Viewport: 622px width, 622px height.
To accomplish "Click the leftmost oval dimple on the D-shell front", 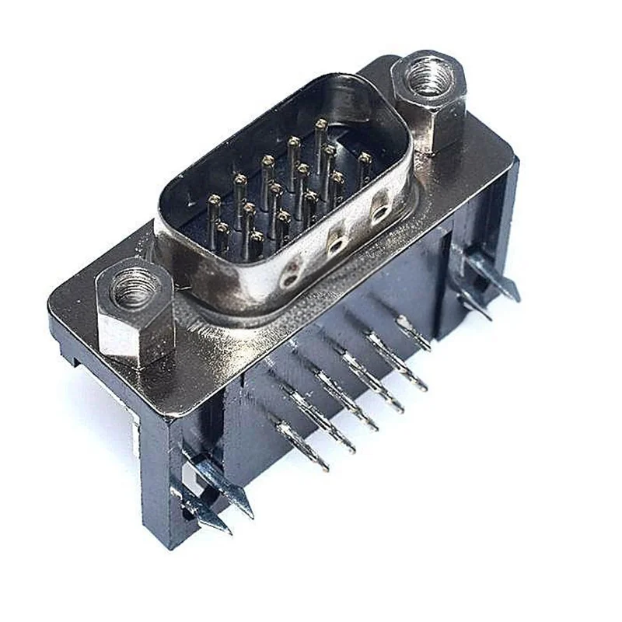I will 291,273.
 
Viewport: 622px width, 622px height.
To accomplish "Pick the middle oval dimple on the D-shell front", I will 337,242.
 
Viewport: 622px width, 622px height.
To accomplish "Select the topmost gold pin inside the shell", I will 320,124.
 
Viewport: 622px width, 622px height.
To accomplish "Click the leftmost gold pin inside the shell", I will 213,200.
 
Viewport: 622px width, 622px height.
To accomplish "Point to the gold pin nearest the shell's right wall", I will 365,159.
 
